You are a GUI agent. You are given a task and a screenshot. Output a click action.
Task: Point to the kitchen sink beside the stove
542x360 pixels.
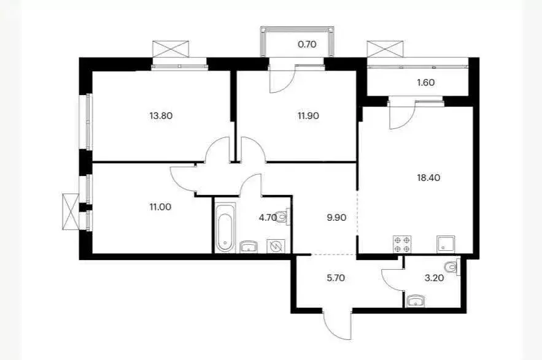pos(444,244)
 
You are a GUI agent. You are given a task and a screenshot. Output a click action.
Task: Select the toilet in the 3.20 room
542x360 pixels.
pos(452,268)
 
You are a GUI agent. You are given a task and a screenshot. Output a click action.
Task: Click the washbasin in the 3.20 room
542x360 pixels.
pos(416,301)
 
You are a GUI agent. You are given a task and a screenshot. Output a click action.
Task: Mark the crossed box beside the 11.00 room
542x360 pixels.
pos(71,211)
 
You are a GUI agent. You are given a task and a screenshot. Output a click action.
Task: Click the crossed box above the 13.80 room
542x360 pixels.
pos(171,48)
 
